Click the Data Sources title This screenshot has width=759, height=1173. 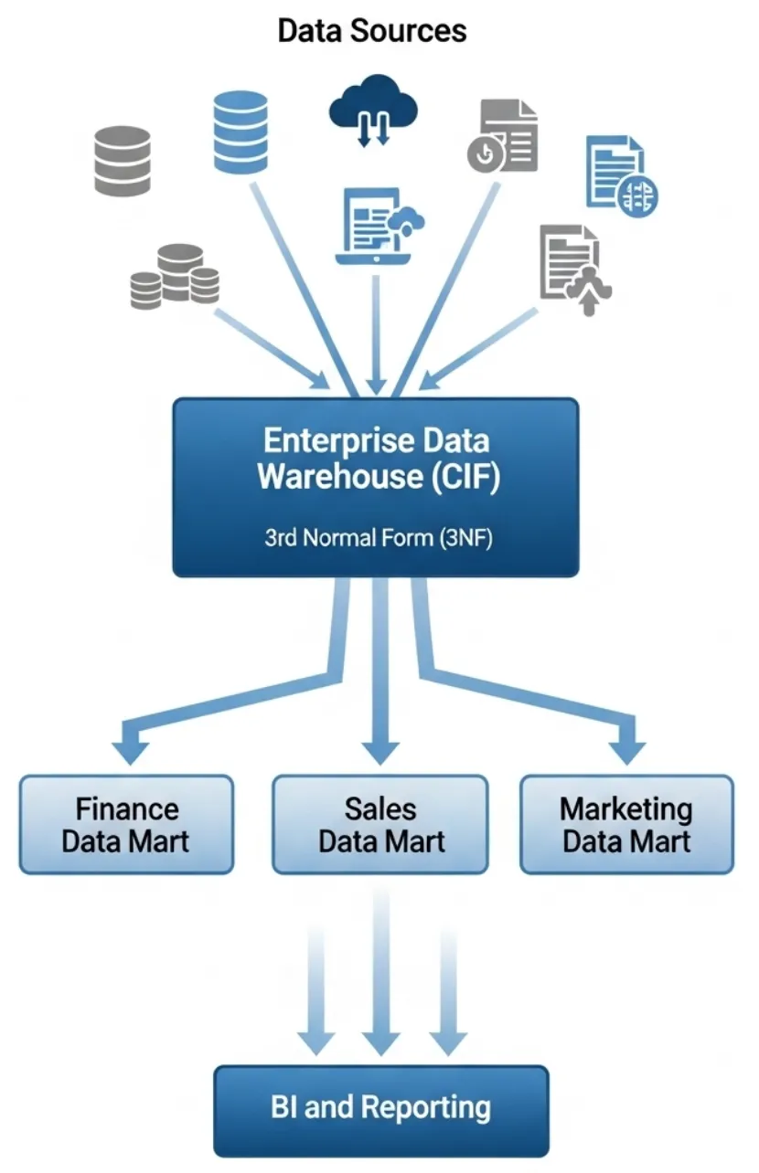(371, 31)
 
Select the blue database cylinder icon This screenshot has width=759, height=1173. (241, 132)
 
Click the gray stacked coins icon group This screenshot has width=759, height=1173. (175, 277)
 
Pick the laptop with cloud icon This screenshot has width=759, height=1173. (379, 226)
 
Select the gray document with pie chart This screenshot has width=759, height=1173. (503, 138)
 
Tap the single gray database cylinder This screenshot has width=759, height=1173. (123, 162)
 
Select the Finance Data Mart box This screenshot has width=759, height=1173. (126, 825)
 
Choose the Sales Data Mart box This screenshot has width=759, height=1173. (380, 825)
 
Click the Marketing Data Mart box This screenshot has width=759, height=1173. (626, 825)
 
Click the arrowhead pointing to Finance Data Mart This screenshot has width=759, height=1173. (132, 751)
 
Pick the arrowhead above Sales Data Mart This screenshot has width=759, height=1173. (381, 753)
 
